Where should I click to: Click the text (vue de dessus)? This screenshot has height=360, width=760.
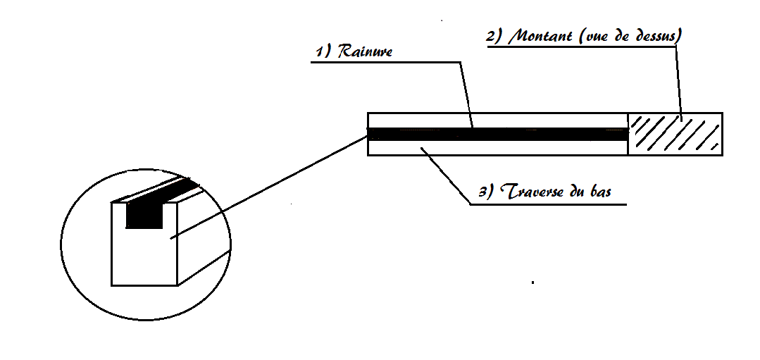pyautogui.click(x=628, y=37)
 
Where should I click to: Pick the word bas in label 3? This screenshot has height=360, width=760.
pyautogui.click(x=600, y=191)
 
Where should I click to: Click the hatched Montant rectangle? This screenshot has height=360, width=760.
pyautogui.click(x=675, y=135)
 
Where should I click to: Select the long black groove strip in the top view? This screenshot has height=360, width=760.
pyautogui.click(x=498, y=135)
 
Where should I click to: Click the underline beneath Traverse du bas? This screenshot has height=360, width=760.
pyautogui.click(x=548, y=204)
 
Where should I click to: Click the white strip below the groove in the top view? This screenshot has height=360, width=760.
pyautogui.click(x=498, y=148)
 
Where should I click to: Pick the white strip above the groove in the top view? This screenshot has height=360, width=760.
pyautogui.click(x=498, y=120)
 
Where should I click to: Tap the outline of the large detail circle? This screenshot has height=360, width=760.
pyautogui.click(x=61, y=244)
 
